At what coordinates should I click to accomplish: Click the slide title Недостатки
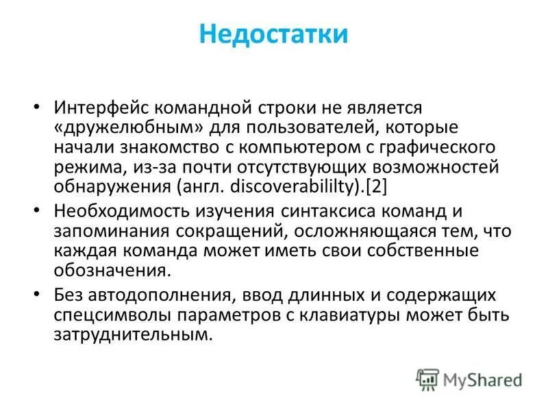(x=273, y=34)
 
